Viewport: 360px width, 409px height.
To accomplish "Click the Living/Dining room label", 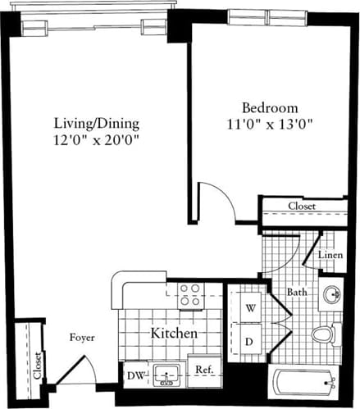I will point(97,124).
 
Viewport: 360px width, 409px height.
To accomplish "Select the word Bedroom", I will point(269,108).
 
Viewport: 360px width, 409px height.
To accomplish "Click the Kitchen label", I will point(173,334).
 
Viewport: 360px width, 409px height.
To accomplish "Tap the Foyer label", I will point(82,337).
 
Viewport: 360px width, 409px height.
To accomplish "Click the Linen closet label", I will point(330,255).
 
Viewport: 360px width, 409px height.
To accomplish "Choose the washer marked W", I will point(250,308).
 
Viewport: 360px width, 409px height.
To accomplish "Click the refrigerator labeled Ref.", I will point(204,370).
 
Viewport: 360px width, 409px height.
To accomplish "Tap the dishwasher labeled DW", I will point(134,375).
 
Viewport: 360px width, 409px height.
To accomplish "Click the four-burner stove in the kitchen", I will point(190,294).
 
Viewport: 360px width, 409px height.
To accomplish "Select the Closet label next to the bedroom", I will point(303,207).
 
